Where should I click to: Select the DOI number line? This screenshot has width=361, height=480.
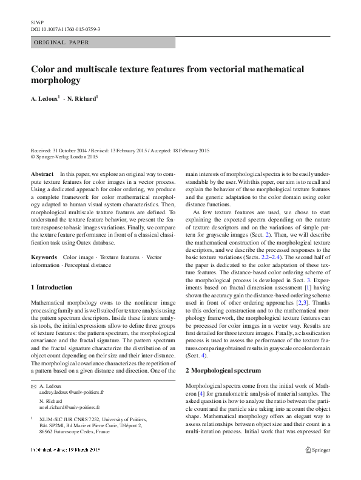click(x=66, y=29)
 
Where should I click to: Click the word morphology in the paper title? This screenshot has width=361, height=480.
click(x=55, y=80)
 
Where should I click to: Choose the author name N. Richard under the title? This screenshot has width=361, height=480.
click(x=83, y=99)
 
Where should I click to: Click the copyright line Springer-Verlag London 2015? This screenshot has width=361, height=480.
click(x=67, y=157)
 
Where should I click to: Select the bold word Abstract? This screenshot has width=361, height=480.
click(x=42, y=174)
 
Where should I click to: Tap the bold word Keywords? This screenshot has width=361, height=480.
click(x=44, y=257)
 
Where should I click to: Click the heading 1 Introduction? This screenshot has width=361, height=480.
click(x=52, y=286)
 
